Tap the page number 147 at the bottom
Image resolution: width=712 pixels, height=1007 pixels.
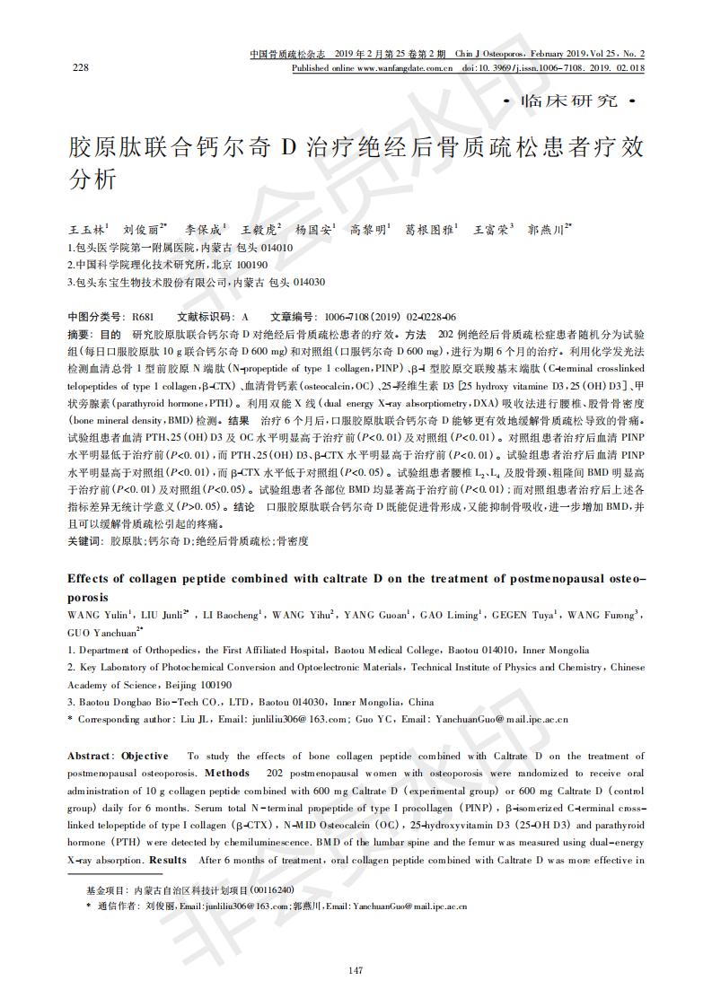pyautogui.click(x=356, y=969)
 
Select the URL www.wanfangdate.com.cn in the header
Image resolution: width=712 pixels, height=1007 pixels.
pyautogui.click(x=404, y=68)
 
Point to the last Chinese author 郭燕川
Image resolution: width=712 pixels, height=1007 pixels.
pyautogui.click(x=545, y=230)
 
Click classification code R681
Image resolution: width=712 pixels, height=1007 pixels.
pyautogui.click(x=143, y=318)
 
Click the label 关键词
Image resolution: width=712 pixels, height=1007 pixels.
pyautogui.click(x=84, y=541)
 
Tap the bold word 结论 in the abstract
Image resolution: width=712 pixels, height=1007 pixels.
pyautogui.click(x=244, y=507)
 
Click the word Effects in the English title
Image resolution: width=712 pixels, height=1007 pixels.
pyautogui.click(x=92, y=579)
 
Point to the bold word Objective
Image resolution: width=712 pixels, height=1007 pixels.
pyautogui.click(x=145, y=757)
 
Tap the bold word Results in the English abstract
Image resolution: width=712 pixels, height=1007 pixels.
pyautogui.click(x=168, y=861)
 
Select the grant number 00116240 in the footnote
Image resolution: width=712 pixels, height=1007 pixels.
pyautogui.click(x=273, y=889)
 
